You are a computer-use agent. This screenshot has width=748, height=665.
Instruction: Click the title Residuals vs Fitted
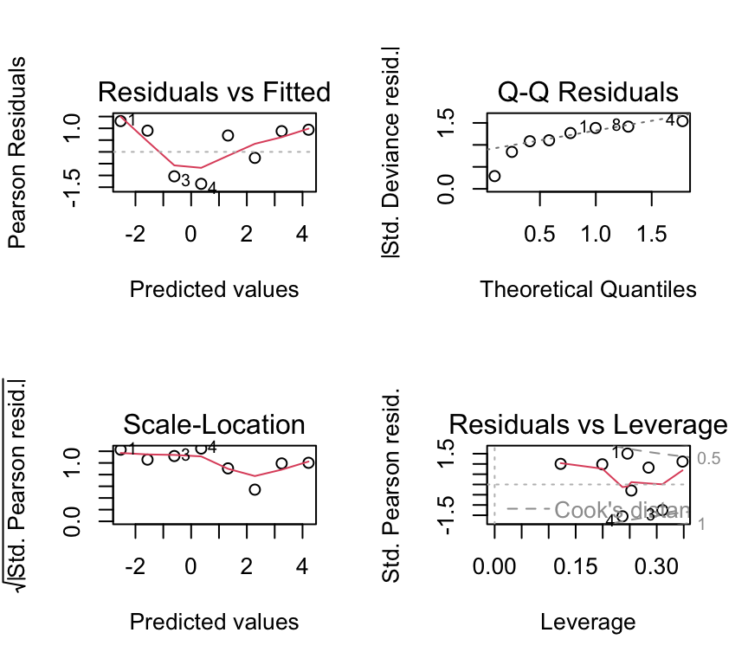click(x=214, y=92)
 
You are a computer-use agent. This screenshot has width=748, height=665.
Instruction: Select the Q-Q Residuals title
click(x=588, y=92)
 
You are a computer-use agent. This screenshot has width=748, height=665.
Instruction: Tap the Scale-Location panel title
click(x=214, y=424)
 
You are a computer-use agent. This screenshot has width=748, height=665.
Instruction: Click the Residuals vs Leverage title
click(x=588, y=424)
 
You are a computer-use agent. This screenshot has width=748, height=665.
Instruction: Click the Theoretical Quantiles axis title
click(x=588, y=289)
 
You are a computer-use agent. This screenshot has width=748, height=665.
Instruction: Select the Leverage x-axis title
click(x=588, y=622)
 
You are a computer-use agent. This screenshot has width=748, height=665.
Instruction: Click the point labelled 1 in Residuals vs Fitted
click(x=120, y=121)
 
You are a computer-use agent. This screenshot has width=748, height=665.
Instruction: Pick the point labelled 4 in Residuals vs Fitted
click(x=201, y=184)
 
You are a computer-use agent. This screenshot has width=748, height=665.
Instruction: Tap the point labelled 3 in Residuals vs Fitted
click(x=174, y=177)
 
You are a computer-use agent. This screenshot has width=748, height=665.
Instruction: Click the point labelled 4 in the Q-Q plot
click(x=682, y=120)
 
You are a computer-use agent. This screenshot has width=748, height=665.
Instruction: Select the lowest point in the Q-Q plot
click(x=494, y=176)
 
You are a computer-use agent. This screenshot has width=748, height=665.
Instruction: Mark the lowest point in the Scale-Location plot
click(x=255, y=489)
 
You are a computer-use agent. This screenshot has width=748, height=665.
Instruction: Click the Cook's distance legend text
click(x=622, y=511)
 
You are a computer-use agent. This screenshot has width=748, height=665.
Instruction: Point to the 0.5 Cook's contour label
click(x=709, y=459)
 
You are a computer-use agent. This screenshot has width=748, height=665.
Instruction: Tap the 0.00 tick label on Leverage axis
click(x=494, y=566)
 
